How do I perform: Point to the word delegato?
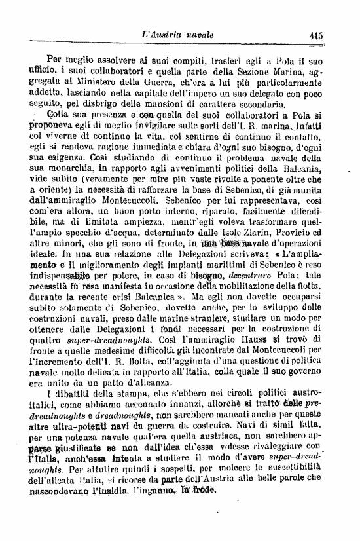(266, 96)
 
